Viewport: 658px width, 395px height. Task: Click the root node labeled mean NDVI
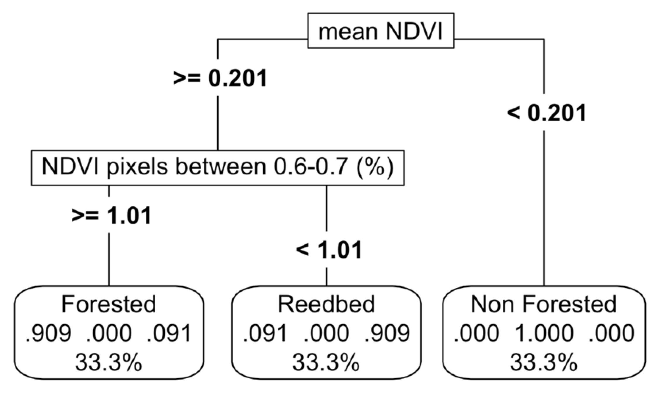(381, 31)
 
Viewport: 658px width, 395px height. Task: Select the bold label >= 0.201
(220, 78)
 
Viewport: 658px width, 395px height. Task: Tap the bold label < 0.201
(546, 113)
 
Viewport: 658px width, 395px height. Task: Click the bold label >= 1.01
(111, 216)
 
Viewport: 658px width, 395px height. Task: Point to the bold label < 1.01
(329, 250)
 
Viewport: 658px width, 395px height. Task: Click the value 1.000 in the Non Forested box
(544, 333)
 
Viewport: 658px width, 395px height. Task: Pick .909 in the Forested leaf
(49, 333)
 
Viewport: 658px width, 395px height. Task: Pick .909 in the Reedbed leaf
(387, 333)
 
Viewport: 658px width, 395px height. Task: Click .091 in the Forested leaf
(169, 333)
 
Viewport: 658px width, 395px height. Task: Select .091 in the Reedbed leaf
(265, 333)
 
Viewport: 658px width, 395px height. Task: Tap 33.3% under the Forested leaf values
(109, 363)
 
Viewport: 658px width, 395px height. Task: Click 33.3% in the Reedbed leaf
(326, 363)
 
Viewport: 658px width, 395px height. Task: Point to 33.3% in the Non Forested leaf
(544, 363)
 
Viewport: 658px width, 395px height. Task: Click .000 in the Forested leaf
(109, 333)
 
